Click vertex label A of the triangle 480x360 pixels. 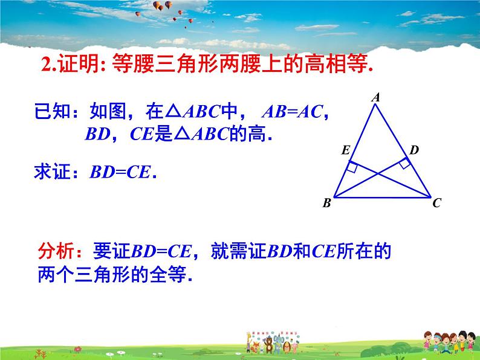[x=376, y=97]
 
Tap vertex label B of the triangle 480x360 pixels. [x=327, y=203]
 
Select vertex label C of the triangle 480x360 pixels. [x=437, y=203]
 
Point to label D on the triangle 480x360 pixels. [x=414, y=150]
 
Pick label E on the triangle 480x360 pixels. [x=346, y=150]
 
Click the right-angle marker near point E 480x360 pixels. [x=352, y=167]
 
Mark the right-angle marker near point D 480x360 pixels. [x=405, y=163]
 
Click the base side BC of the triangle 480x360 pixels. [x=382, y=198]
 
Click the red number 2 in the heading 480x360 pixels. [x=46, y=64]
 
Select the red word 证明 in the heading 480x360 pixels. [x=79, y=63]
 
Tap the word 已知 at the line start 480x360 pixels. [x=53, y=111]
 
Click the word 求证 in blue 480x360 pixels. [x=53, y=172]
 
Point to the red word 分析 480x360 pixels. [x=56, y=251]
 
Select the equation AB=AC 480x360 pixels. [x=293, y=111]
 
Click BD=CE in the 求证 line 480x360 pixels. [x=120, y=172]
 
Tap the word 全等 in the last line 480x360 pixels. [x=167, y=274]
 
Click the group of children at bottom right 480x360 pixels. [x=449, y=342]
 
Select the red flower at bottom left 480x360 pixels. [x=78, y=349]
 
